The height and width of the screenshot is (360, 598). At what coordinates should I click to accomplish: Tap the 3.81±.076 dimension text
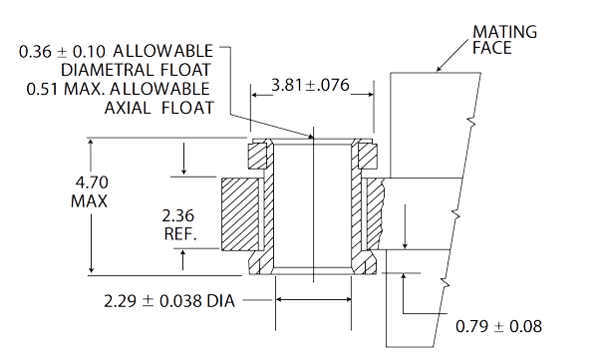tap(311, 87)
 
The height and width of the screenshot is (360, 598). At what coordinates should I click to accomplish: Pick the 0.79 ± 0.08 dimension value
tap(500, 326)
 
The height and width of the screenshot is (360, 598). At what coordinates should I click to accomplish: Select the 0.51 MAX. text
tap(61, 89)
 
